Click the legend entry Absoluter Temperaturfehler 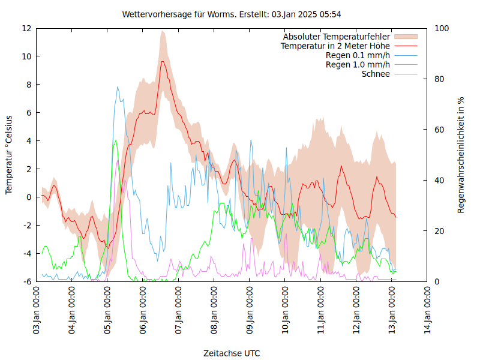[x=337, y=37]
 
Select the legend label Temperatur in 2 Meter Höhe [x=335, y=46]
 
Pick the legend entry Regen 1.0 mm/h [x=358, y=65]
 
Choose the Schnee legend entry [x=376, y=74]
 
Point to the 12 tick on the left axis [x=26, y=28]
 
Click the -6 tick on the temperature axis [x=27, y=281]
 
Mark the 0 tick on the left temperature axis [x=29, y=197]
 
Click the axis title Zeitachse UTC [x=232, y=353]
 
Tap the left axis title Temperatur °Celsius [x=9, y=155]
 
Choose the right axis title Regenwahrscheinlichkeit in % [x=461, y=155]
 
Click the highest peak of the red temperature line [x=162, y=61]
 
